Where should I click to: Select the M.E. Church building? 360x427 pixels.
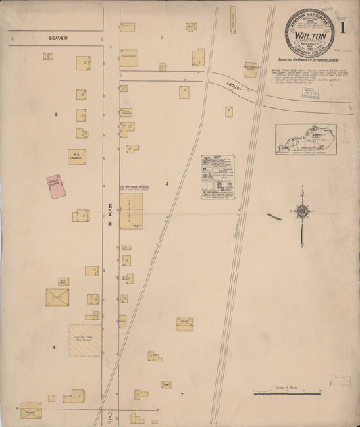77,157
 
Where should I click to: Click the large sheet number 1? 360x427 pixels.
344,28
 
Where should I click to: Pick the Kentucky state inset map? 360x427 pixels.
305,139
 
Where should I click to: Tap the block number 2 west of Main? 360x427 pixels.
57,114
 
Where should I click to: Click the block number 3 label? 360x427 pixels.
165,182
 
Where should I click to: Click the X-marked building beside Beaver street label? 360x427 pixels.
48,56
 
